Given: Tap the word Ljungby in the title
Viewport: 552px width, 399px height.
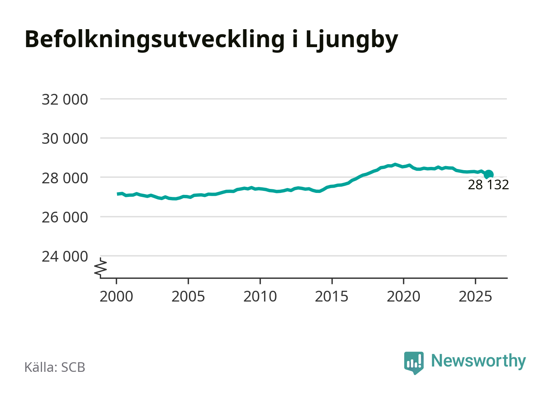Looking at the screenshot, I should click(351, 40).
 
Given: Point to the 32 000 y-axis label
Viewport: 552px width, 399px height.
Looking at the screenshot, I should click(65, 99).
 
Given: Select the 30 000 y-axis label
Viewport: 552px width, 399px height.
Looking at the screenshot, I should click(65, 139).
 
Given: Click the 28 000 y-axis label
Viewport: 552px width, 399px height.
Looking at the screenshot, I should click(65, 178).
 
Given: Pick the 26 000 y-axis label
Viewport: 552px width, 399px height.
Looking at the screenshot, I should click(65, 217).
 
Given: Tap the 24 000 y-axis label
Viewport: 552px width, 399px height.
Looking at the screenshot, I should click(65, 256).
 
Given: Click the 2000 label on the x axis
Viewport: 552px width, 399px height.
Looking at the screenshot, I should click(116, 296).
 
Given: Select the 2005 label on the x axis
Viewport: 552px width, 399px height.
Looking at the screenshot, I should click(188, 296).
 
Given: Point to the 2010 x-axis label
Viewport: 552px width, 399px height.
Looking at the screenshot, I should click(260, 296).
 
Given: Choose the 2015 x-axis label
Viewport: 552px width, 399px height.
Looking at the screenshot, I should click(332, 296).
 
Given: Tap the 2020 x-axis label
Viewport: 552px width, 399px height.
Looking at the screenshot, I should click(403, 296).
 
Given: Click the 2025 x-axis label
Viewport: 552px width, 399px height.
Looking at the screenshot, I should click(475, 296).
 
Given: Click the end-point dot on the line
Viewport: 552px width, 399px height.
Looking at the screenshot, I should click(488, 175).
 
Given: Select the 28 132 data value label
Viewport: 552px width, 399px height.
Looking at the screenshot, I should click(488, 185).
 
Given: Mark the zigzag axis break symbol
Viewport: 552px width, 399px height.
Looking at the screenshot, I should click(101, 268).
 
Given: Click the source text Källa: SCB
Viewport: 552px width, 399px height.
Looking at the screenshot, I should click(55, 367).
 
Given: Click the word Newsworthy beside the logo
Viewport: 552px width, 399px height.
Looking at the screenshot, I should click(478, 361).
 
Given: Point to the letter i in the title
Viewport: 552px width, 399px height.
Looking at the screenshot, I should click(295, 40).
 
